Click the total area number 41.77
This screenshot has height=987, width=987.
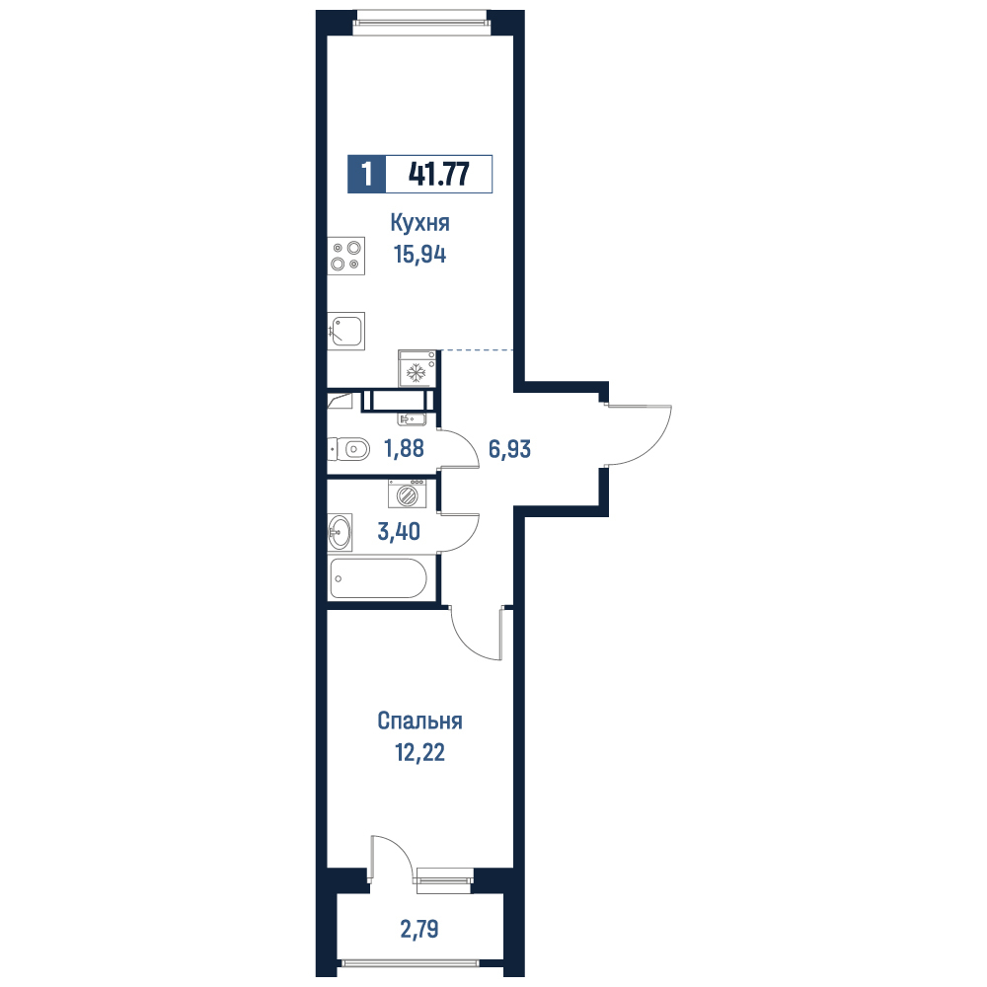pos(439,174)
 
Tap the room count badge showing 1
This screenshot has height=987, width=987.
pos(366,174)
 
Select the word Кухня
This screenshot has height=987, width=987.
pos(419,223)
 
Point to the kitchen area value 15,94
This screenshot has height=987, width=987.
pos(419,255)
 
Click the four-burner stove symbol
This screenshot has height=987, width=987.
pos(346,256)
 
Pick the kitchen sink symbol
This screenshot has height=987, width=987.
pos(346,331)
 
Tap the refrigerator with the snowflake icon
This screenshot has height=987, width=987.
pos(417,368)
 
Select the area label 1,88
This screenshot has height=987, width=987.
pos(404,449)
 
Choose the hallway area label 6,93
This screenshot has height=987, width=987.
pos(510,449)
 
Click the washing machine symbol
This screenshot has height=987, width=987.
pos(408,493)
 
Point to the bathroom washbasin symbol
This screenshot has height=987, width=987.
pos(340,533)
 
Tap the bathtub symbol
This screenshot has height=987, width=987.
pos(378,577)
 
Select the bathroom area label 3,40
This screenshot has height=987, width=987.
pos(399,532)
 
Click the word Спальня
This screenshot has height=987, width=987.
pos(419,721)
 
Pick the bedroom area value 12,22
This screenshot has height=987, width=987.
pos(419,752)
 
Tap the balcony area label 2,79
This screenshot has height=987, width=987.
pos(419,929)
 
